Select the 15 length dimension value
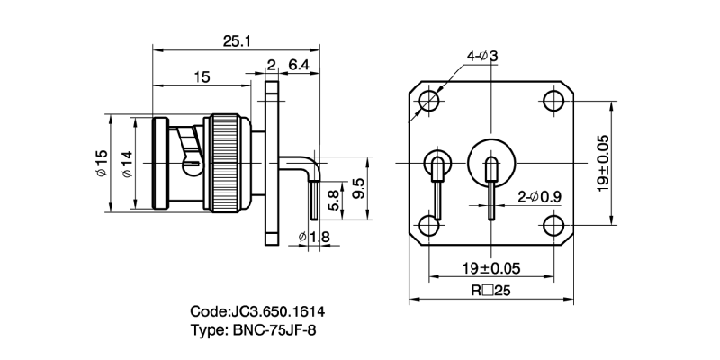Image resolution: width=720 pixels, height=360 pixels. [202, 77]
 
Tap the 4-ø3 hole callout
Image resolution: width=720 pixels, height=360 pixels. [481, 58]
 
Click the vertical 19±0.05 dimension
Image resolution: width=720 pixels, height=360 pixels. [604, 162]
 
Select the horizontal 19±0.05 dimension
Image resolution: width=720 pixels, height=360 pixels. [491, 268]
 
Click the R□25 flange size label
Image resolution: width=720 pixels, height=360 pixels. [491, 291]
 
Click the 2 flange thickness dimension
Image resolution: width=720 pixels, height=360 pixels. [271, 64]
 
